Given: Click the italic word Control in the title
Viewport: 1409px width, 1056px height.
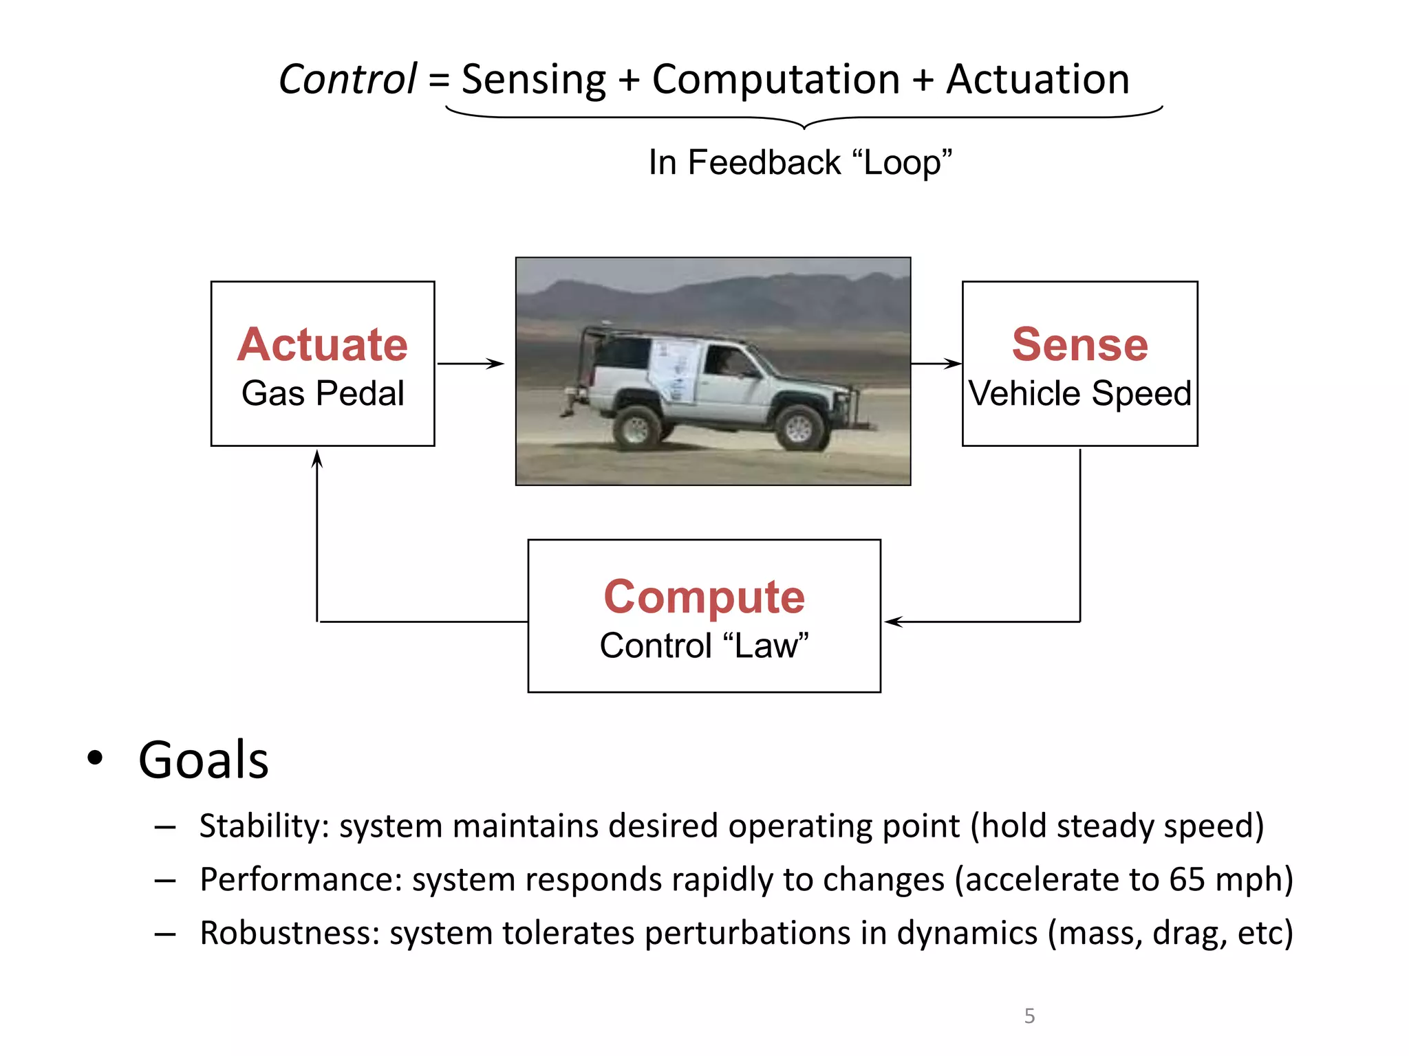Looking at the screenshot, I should [x=347, y=79].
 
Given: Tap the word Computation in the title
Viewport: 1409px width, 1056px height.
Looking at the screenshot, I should [x=775, y=79].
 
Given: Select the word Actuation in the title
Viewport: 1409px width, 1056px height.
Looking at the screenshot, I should [x=1037, y=79].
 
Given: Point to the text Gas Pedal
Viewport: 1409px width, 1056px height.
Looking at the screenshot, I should [x=323, y=393].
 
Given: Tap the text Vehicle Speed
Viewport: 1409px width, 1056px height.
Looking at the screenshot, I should [x=1079, y=393].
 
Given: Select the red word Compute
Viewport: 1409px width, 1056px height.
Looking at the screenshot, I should [x=704, y=596].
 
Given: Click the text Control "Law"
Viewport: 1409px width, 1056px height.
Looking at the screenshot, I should [x=704, y=646].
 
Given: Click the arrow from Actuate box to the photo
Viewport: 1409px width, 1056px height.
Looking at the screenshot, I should [x=471, y=364].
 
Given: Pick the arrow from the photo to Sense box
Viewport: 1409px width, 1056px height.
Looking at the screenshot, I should [x=936, y=364].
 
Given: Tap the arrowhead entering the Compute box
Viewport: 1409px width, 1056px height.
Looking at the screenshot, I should [x=893, y=621].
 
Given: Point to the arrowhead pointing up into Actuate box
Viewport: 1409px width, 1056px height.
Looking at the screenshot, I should [x=317, y=459].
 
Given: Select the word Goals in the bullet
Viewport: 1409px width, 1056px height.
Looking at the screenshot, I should [x=203, y=760].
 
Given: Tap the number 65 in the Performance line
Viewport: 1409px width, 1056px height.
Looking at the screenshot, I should [x=1187, y=879].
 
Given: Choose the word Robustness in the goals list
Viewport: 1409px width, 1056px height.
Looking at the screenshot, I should [x=289, y=933].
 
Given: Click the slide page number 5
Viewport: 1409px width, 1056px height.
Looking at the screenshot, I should [x=1029, y=1015].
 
